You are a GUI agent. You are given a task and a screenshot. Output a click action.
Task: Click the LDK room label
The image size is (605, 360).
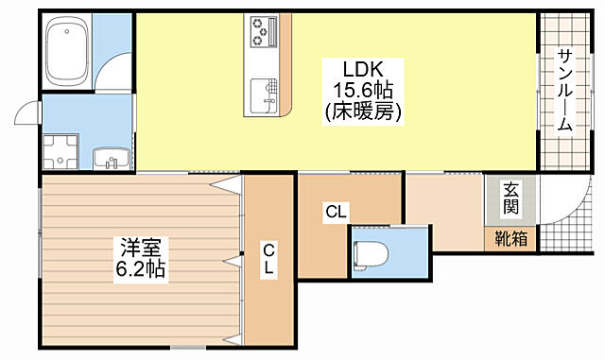click(x=361, y=69)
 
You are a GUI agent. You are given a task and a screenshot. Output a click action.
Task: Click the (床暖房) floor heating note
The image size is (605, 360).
click(x=363, y=111)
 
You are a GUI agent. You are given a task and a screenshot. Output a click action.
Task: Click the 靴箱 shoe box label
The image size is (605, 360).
click(x=511, y=239)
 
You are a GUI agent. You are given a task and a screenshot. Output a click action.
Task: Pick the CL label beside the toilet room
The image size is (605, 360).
click(x=335, y=213)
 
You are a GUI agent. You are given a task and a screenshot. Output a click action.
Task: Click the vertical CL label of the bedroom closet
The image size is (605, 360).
click(x=268, y=259)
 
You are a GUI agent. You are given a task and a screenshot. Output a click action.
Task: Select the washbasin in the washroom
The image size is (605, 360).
click(x=109, y=157)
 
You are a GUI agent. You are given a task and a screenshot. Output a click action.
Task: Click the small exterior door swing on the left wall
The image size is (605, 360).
click(x=27, y=112)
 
